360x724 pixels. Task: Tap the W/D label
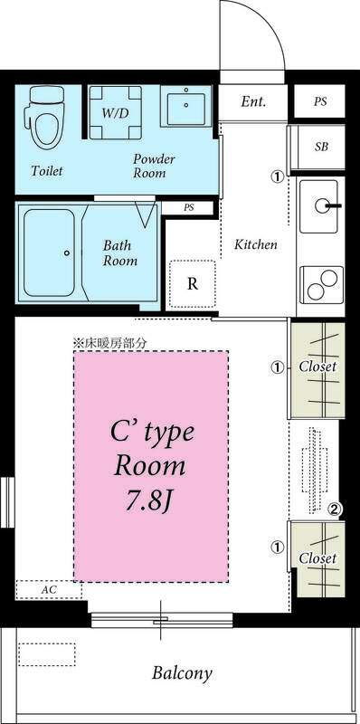tap(114, 114)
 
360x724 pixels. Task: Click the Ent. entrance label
tap(253, 101)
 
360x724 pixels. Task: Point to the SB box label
tap(321, 146)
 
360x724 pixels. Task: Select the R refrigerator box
tap(193, 283)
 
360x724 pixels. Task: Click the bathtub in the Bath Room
tap(50, 252)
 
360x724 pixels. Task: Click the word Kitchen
tap(256, 244)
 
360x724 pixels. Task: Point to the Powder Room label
tap(154, 165)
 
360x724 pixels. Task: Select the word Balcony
tap(182, 673)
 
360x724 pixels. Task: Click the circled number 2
tap(335, 510)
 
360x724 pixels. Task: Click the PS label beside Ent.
tap(320, 101)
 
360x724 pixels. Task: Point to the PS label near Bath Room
tap(189, 207)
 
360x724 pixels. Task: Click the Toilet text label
tap(46, 170)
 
